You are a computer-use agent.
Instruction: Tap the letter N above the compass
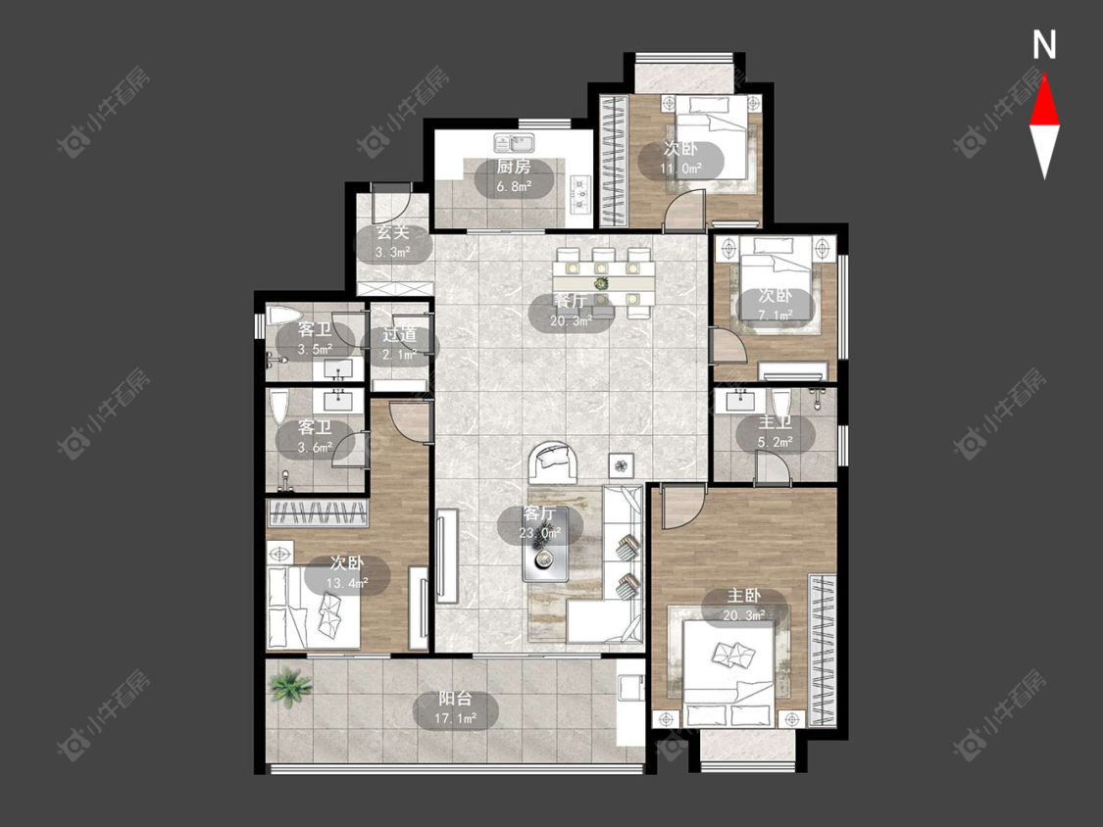pos(1044,45)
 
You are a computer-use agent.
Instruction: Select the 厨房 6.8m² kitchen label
pos(514,176)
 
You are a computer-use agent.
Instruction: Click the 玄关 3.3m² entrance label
pos(392,243)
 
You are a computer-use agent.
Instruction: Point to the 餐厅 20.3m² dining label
pos(572,312)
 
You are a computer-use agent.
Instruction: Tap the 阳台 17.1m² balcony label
pos(455,708)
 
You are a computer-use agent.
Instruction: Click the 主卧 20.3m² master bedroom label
pos(744,606)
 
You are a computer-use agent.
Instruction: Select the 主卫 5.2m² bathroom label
pos(776,432)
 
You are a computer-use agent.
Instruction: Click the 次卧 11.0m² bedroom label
pos(681,159)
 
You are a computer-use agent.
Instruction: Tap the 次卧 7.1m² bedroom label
pos(776,305)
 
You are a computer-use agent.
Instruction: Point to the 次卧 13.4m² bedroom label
pos(347,573)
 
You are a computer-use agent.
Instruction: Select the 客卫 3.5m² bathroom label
pos(315,339)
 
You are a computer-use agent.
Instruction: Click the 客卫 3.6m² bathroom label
pos(315,437)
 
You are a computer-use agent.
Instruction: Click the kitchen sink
pos(514,143)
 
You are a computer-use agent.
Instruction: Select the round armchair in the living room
pos(554,462)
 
